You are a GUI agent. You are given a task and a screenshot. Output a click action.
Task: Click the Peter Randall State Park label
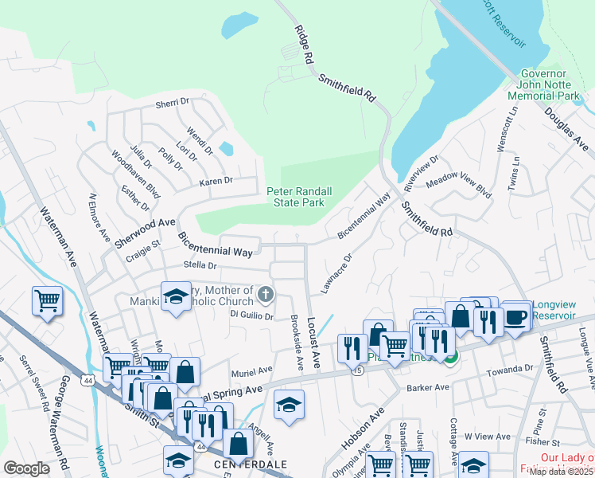299,197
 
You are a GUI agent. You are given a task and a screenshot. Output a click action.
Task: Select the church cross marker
265,296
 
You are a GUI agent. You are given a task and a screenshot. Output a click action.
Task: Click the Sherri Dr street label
172,103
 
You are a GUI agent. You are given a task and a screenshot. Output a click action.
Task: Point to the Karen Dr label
216,182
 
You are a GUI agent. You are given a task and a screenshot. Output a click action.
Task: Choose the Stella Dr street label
200,265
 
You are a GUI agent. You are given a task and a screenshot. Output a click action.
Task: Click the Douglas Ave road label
566,127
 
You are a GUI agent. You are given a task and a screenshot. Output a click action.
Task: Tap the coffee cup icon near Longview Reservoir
515,315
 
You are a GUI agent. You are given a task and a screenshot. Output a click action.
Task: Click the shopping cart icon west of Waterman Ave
47,300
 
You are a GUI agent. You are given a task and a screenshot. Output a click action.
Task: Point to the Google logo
26,468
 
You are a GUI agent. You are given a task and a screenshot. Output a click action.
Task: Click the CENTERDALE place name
233,464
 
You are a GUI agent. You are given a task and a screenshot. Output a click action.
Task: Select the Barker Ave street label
428,388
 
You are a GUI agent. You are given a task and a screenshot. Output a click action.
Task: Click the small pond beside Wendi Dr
225,148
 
